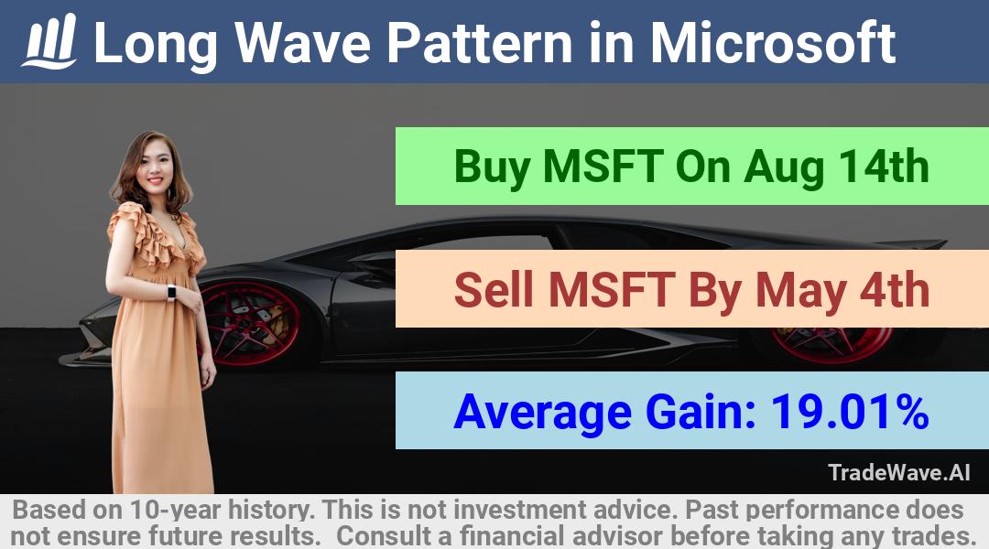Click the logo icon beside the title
click(x=49, y=41)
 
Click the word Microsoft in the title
click(x=773, y=42)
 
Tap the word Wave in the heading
click(x=303, y=42)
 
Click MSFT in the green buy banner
click(x=603, y=167)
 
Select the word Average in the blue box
click(x=542, y=413)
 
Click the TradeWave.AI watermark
click(x=899, y=472)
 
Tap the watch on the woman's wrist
click(x=171, y=293)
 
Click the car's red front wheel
click(x=248, y=323)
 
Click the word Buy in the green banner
click(x=492, y=168)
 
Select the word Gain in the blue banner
click(x=701, y=411)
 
